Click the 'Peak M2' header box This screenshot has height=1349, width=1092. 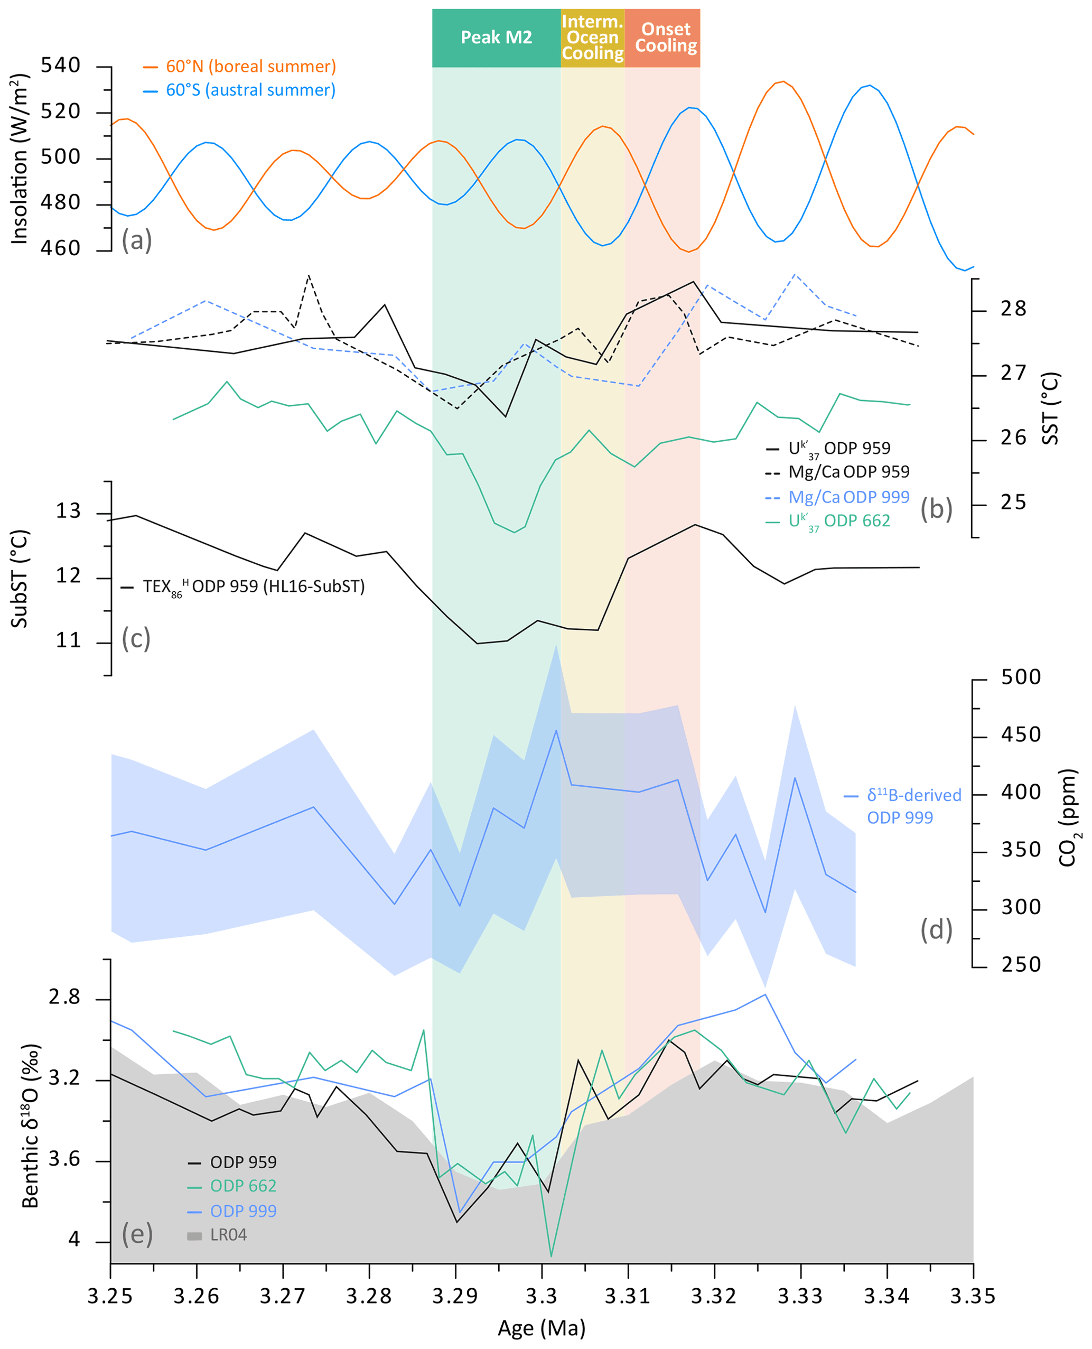tap(496, 38)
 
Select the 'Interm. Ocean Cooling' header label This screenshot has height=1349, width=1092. tap(593, 38)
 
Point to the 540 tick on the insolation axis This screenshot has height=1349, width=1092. tap(60, 66)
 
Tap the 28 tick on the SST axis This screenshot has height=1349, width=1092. tap(1013, 309)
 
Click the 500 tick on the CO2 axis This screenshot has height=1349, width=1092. tap(1020, 677)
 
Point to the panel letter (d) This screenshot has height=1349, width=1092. tap(936, 930)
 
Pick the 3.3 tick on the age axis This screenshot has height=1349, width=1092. tap(542, 1297)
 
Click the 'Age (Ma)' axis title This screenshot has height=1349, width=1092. tap(542, 1328)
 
